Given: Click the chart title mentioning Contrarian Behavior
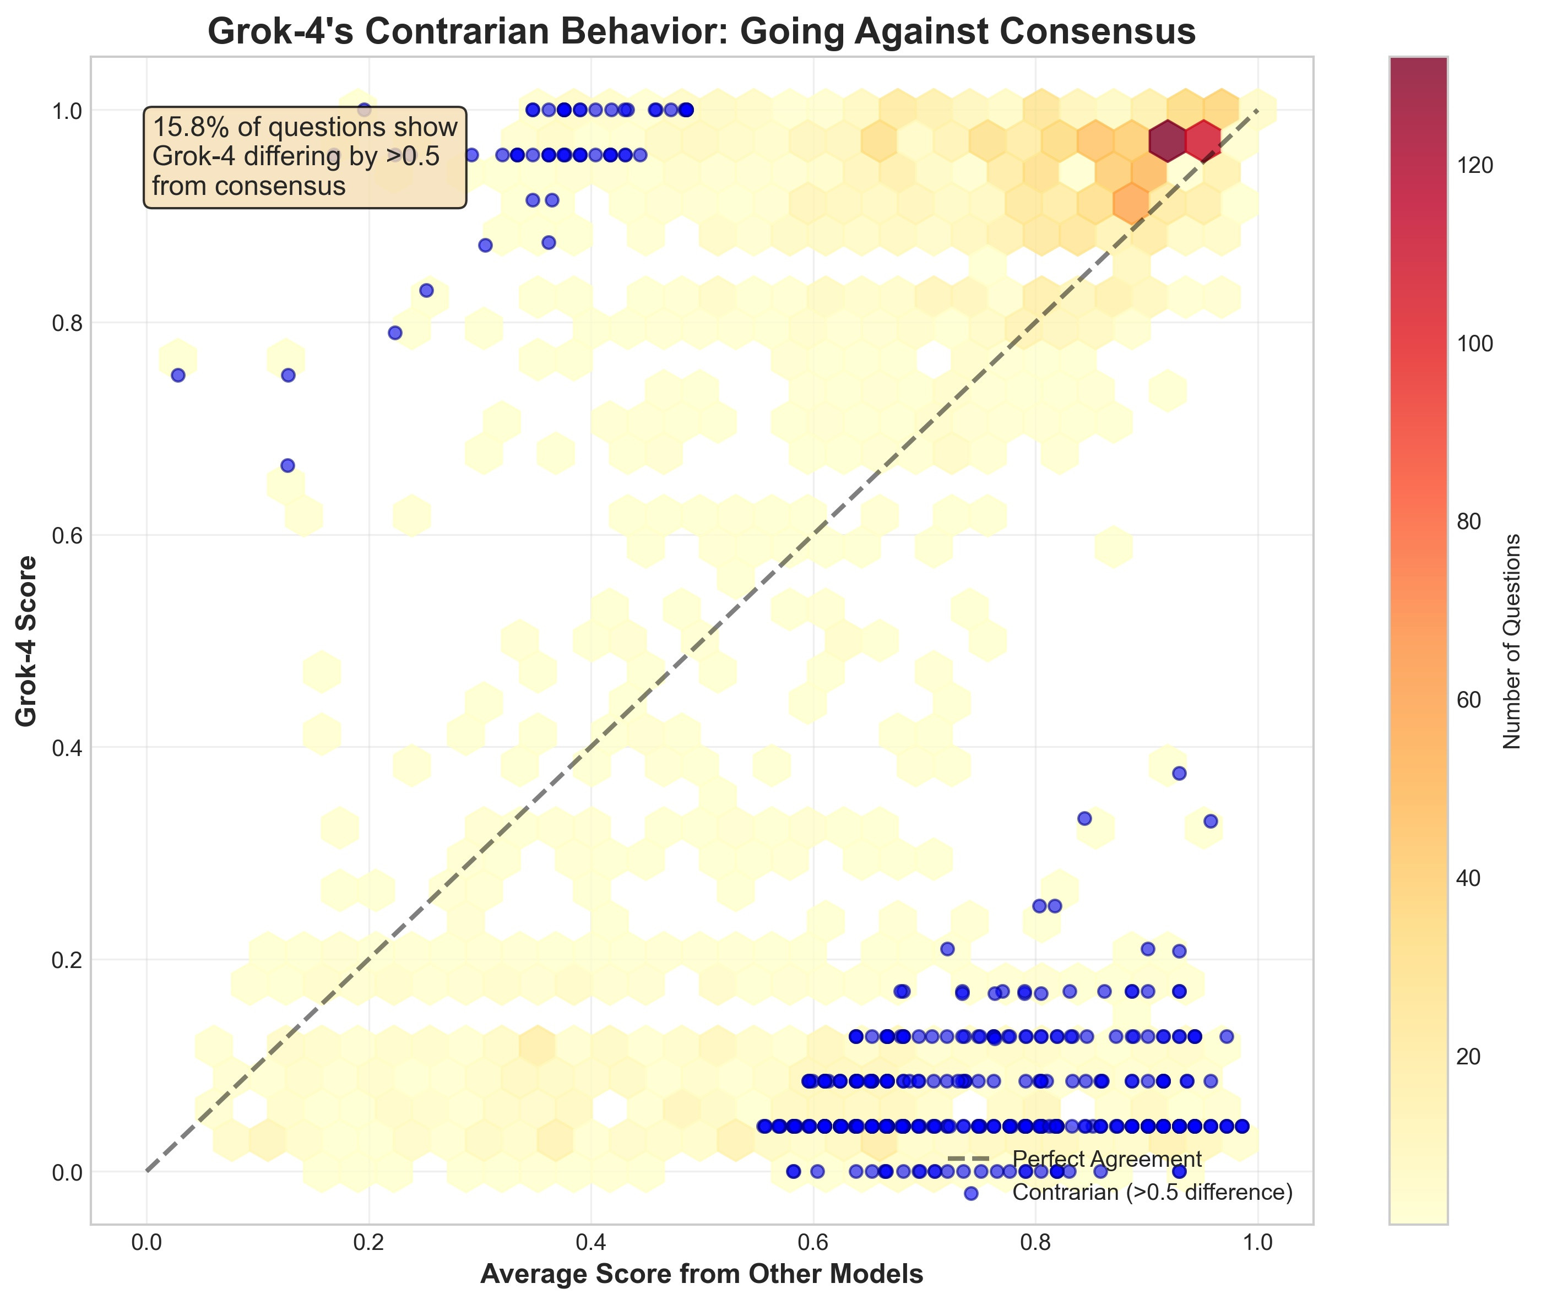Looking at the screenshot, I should (701, 32).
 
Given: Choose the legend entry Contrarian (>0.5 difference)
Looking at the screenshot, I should (1152, 1193).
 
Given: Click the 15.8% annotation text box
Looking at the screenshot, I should (305, 157).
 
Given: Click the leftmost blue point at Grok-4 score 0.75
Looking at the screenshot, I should (177, 375).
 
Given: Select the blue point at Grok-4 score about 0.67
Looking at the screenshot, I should (288, 465).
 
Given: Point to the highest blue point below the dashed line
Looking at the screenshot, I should (1179, 773).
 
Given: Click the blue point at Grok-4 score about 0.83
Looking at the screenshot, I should (426, 290).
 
